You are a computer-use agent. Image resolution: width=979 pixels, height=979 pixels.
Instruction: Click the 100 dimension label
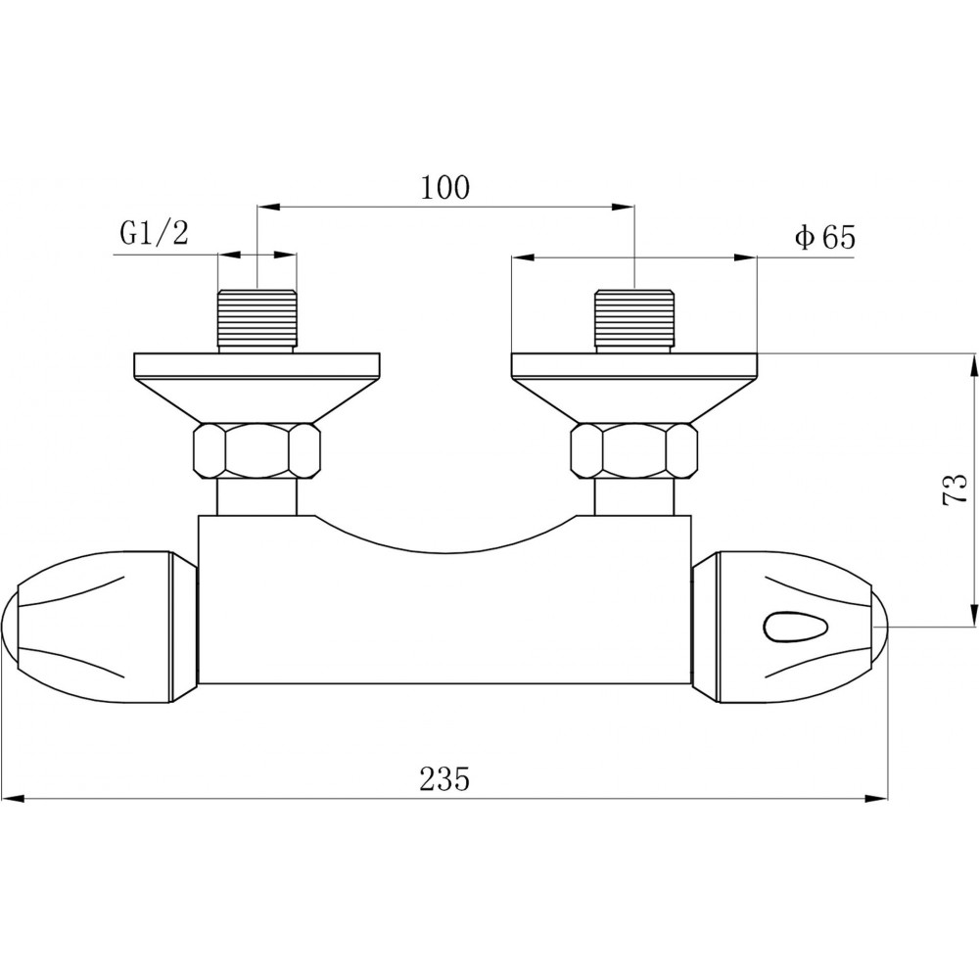445,187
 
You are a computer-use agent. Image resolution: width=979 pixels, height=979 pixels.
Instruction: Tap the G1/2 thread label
155,233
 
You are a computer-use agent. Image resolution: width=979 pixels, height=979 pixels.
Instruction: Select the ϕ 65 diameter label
824,237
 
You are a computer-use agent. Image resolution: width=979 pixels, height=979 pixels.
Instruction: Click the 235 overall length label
444,778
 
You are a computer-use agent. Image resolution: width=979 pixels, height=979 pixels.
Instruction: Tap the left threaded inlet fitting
257,321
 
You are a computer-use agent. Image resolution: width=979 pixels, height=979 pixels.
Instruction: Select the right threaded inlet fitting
635,321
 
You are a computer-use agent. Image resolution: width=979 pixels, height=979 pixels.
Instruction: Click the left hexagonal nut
257,450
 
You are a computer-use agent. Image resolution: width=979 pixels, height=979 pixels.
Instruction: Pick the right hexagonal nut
634,450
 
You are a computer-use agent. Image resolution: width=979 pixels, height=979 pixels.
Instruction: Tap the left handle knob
100,627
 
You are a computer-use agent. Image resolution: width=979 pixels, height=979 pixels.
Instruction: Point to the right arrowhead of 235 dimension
876,799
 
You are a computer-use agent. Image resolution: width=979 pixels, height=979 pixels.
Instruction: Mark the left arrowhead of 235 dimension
14,799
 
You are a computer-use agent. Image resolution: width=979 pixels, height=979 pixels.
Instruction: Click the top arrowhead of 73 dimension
973,364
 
